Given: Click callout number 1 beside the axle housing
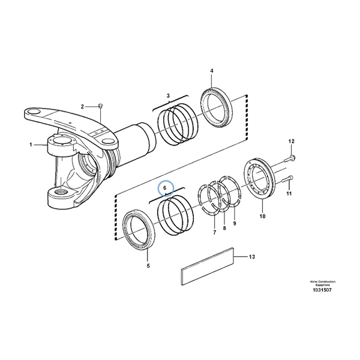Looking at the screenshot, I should click(x=31, y=145).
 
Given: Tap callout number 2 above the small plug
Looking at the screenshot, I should click(x=83, y=106).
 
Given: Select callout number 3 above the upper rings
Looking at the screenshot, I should click(x=168, y=96).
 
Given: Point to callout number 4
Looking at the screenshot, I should click(x=211, y=71).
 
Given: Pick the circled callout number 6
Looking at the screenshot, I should click(x=165, y=188).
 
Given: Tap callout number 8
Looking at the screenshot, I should click(x=224, y=228).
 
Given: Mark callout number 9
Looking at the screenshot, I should click(x=235, y=224).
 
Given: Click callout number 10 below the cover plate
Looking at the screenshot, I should click(x=262, y=216).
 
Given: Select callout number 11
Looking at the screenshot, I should click(x=289, y=194).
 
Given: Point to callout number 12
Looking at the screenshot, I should click(x=292, y=141).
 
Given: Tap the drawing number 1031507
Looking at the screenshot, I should click(x=323, y=291).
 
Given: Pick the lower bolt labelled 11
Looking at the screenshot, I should click(x=286, y=178).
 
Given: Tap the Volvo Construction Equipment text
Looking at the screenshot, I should click(x=323, y=283).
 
